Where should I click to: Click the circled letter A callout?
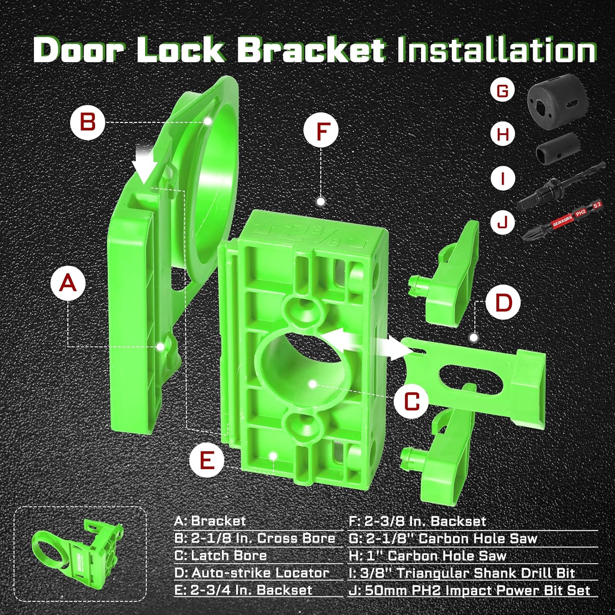68,283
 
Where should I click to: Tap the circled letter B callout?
88,122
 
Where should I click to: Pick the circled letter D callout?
503,303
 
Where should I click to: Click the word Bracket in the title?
311,50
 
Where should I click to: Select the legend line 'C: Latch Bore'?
221,556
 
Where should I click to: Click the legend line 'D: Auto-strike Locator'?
252,573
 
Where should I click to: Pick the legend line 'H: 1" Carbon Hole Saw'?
428,556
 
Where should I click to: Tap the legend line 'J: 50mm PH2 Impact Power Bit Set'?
469,590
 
